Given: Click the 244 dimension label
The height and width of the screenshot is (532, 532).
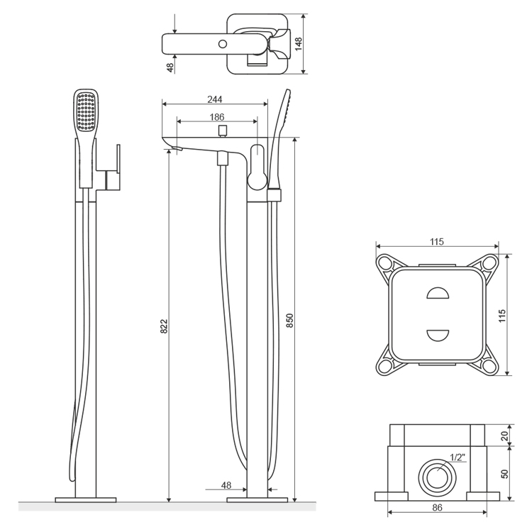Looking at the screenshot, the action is point(215,99).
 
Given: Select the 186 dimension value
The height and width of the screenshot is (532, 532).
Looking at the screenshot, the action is point(217,117).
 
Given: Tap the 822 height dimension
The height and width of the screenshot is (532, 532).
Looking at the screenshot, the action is point(164,326).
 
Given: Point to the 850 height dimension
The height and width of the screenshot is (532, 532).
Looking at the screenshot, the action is point(289,321).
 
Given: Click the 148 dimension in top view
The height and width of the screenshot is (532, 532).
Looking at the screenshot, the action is point(299,44).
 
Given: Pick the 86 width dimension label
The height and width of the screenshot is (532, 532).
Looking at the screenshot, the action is point(438,508).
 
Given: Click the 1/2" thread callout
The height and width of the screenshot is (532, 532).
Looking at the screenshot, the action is point(458,458).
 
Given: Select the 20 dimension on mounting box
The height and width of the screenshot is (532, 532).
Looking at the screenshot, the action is point(505,436).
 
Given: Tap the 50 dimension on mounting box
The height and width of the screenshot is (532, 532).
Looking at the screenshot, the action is point(505,474).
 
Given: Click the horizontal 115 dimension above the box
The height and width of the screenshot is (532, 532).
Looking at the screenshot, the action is point(437,242).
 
